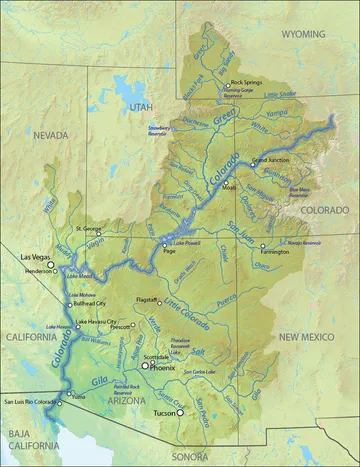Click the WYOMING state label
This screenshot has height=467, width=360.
pyautogui.click(x=303, y=33)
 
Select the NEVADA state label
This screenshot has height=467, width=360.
pyautogui.click(x=49, y=133)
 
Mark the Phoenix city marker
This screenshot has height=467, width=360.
pyautogui.click(x=145, y=366)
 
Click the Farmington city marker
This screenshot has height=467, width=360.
pyautogui.click(x=263, y=246)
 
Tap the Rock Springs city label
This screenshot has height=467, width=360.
pyautogui.click(x=246, y=82)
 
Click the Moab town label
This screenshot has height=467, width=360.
pyautogui.click(x=230, y=187)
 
